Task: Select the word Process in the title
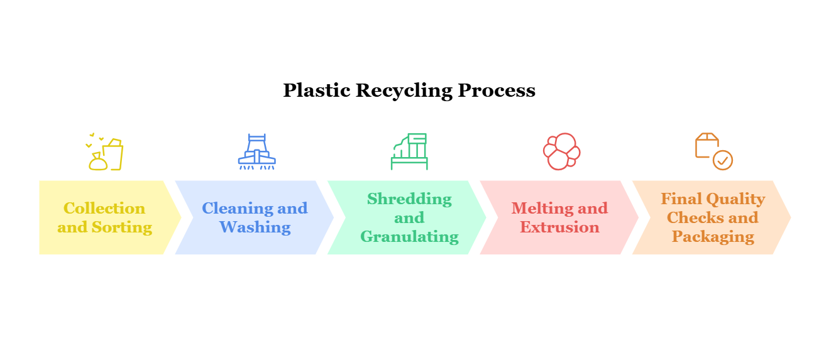point(497,91)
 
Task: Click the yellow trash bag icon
point(98,161)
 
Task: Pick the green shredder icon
point(409,151)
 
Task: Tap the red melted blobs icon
point(561,151)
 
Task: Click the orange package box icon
point(706,145)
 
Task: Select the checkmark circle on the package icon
point(723,160)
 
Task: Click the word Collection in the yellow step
point(104,209)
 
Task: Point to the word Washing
point(255,227)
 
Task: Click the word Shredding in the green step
point(409,199)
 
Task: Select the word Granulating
point(409,237)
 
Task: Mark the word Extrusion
point(560,227)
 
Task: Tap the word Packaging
point(713,237)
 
